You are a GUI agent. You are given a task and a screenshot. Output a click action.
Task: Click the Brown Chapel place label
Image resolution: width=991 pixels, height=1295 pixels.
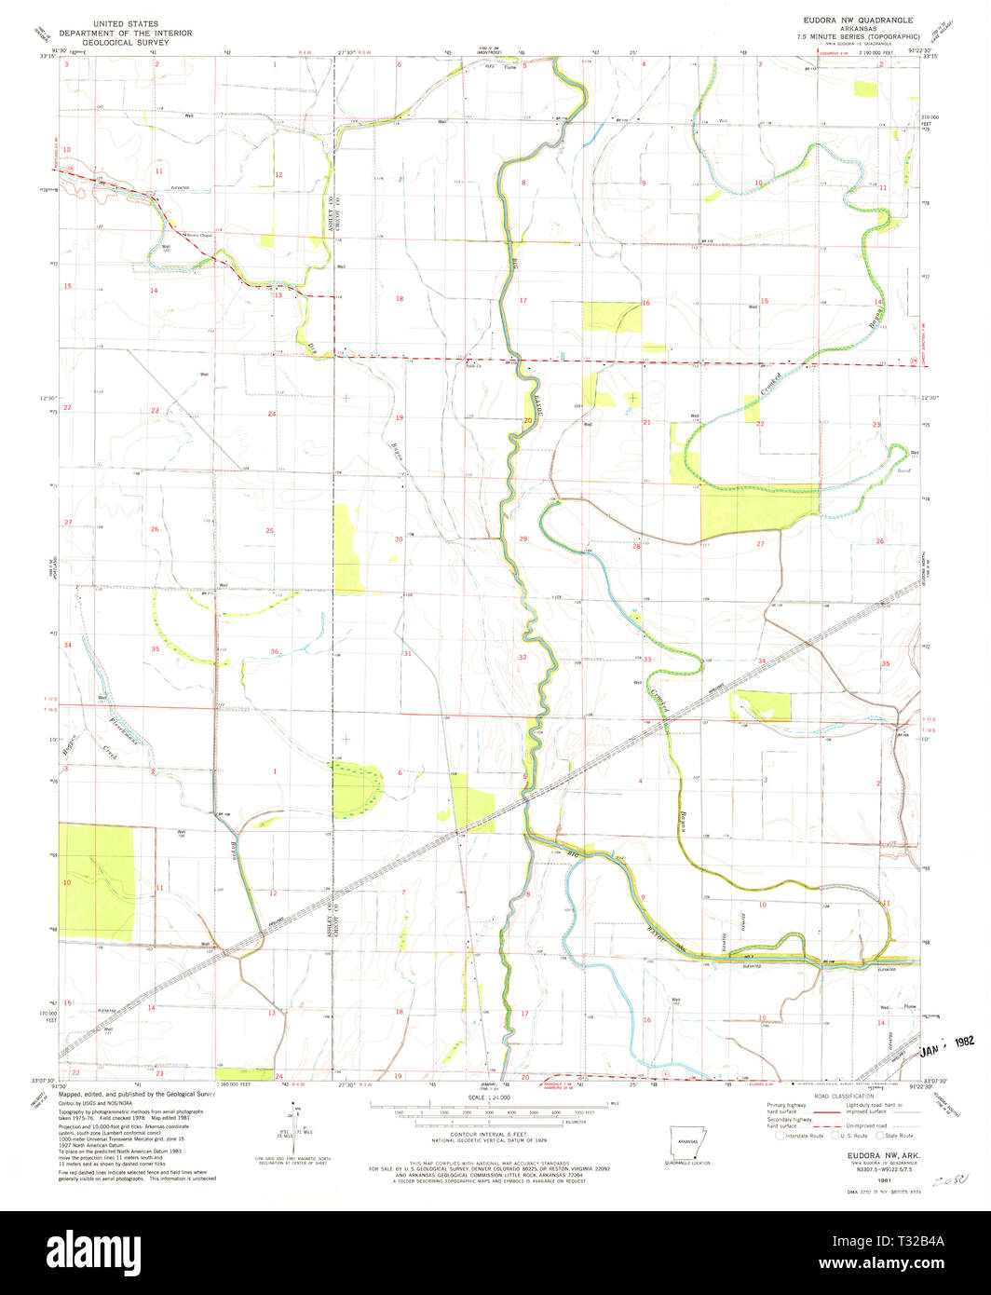click(198, 235)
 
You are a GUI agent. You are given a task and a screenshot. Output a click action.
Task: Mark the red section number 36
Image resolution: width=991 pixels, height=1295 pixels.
click(274, 651)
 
